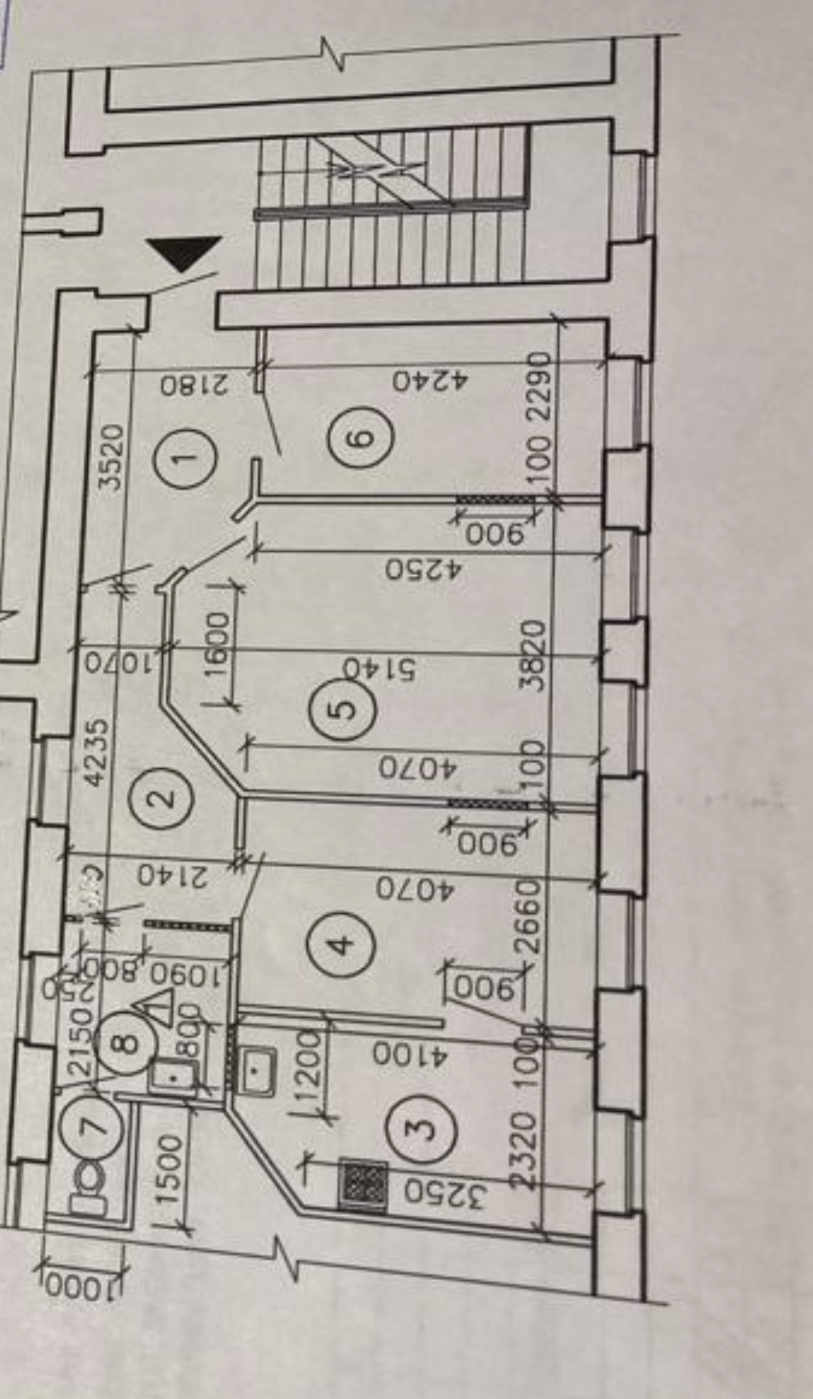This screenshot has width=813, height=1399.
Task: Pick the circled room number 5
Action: (x=343, y=707)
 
